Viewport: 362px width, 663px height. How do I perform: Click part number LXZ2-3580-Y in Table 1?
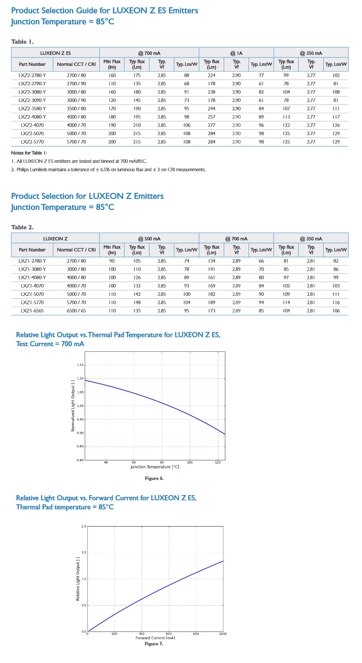point(32,109)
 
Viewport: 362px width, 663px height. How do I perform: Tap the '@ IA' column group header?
point(236,53)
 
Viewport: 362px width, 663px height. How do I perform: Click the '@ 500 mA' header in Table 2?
point(149,239)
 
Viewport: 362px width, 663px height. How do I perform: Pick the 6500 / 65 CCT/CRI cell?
point(76,311)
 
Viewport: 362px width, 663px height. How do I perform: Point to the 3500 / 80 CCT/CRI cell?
point(76,109)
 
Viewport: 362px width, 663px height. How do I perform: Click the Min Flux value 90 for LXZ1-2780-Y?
point(112,261)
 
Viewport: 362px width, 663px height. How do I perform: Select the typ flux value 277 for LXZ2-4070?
point(212,125)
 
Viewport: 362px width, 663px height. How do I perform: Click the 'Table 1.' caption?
point(22,42)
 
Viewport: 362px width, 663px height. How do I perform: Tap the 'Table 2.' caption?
point(22,227)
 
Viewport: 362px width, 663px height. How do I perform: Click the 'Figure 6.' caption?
point(154,478)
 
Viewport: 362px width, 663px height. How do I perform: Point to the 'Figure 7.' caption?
point(154,644)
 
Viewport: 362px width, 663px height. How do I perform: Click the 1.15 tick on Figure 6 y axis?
point(80,365)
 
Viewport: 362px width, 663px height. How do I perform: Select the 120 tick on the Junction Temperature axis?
point(218,462)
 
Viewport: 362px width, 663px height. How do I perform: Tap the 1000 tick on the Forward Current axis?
point(223,634)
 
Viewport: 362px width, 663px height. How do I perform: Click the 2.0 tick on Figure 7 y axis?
point(84,526)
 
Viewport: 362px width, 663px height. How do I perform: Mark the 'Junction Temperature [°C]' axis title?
point(155,467)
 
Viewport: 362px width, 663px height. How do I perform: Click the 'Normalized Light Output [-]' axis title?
point(73,406)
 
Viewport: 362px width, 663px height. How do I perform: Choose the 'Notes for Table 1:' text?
point(29,153)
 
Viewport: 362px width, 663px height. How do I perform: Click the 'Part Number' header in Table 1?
point(32,64)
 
